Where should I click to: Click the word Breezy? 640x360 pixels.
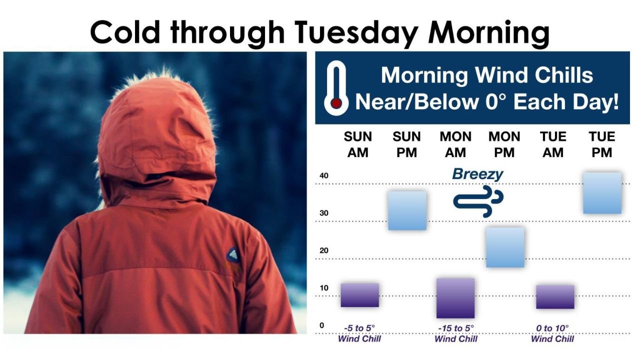(x=477, y=174)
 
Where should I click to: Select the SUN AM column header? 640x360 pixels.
(x=358, y=144)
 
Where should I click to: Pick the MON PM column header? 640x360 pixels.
(x=504, y=144)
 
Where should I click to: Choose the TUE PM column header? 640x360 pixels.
(x=601, y=144)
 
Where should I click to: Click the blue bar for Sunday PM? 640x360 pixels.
(x=407, y=210)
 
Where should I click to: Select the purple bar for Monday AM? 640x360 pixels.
(x=455, y=298)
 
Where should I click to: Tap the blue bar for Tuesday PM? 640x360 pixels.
(x=602, y=193)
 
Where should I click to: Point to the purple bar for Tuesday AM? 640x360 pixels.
(x=555, y=296)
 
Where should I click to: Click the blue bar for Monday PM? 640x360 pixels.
(x=505, y=247)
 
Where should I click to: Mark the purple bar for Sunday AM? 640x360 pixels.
(x=359, y=295)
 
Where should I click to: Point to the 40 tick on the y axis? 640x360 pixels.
(x=324, y=175)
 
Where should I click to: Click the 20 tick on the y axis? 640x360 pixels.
(x=324, y=250)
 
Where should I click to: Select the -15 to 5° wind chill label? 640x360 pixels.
(x=455, y=333)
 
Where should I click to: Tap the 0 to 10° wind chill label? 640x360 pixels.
(x=552, y=333)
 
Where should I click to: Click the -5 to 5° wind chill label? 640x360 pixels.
(x=359, y=333)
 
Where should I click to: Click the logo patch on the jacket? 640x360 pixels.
(x=233, y=256)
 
